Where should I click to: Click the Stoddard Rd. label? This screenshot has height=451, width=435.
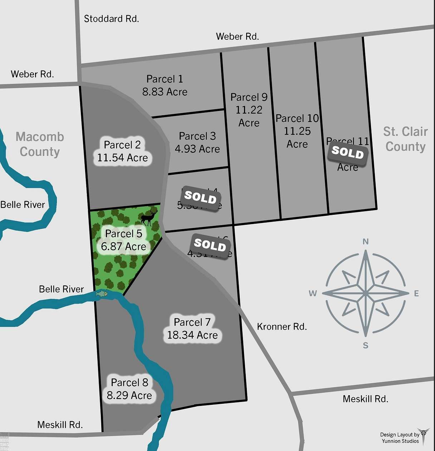tap(111, 19)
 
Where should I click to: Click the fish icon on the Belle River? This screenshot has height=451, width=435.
tap(102, 294)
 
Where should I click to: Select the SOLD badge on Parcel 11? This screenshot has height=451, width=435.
tap(348, 152)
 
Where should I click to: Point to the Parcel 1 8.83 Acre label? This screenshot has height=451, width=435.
tap(165, 86)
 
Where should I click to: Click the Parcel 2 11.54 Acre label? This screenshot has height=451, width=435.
tap(122, 151)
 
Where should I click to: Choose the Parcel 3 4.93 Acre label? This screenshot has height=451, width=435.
tap(197, 142)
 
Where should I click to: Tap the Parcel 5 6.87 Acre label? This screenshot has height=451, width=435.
tap(123, 240)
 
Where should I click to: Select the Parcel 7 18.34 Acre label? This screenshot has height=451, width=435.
tap(192, 329)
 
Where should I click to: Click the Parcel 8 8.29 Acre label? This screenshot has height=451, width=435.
tap(129, 389)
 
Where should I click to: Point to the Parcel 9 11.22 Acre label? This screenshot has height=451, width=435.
tap(249, 110)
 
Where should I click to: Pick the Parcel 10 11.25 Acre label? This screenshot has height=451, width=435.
tap(297, 131)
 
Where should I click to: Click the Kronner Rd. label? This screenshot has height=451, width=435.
tap(282, 326)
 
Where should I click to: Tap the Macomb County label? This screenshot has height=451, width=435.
tap(40, 144)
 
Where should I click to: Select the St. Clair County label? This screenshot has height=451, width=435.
tap(405, 139)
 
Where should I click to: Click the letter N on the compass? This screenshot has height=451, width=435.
tap(366, 242)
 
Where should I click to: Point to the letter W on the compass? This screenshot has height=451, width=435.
tap(313, 294)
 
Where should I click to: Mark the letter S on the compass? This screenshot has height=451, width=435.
tap(366, 345)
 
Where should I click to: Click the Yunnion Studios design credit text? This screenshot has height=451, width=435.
tap(400, 438)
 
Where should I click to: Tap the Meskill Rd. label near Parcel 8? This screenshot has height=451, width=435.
tap(60, 425)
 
